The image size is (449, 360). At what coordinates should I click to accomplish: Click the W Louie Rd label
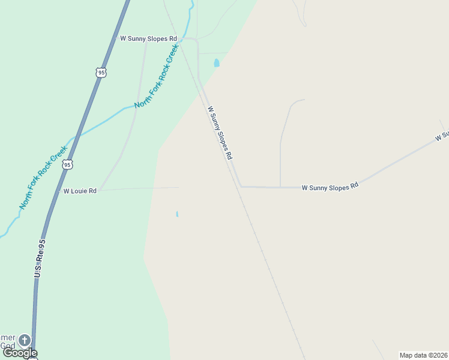pyautogui.click(x=80, y=191)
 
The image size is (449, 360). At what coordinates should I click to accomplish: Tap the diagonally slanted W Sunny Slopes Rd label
pyautogui.click(x=220, y=133)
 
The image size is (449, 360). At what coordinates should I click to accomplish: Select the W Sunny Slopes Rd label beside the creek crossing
pyautogui.click(x=148, y=38)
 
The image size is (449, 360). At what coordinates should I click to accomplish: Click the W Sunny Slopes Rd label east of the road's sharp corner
pyautogui.click(x=330, y=187)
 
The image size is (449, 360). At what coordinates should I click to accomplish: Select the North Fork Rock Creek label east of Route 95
pyautogui.click(x=157, y=79)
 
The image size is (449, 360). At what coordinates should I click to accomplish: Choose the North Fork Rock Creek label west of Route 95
pyautogui.click(x=43, y=178)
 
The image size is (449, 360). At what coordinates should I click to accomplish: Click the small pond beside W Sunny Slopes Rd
pyautogui.click(x=217, y=62)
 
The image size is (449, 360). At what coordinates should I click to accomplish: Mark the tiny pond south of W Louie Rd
pyautogui.click(x=177, y=214)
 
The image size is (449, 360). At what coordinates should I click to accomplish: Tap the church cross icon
pyautogui.click(x=25, y=340)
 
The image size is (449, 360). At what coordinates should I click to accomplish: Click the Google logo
pyautogui.click(x=20, y=353)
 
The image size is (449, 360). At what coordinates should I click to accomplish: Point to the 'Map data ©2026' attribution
pyautogui.click(x=424, y=355)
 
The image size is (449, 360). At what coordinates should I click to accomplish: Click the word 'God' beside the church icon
pyautogui.click(x=8, y=346)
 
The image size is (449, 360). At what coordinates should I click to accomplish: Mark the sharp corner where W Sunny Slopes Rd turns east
pyautogui.click(x=241, y=186)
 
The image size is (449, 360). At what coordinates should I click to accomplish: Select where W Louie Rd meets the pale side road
pyautogui.click(x=100, y=190)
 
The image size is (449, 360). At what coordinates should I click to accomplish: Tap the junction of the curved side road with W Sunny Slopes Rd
pyautogui.click(x=280, y=187)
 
